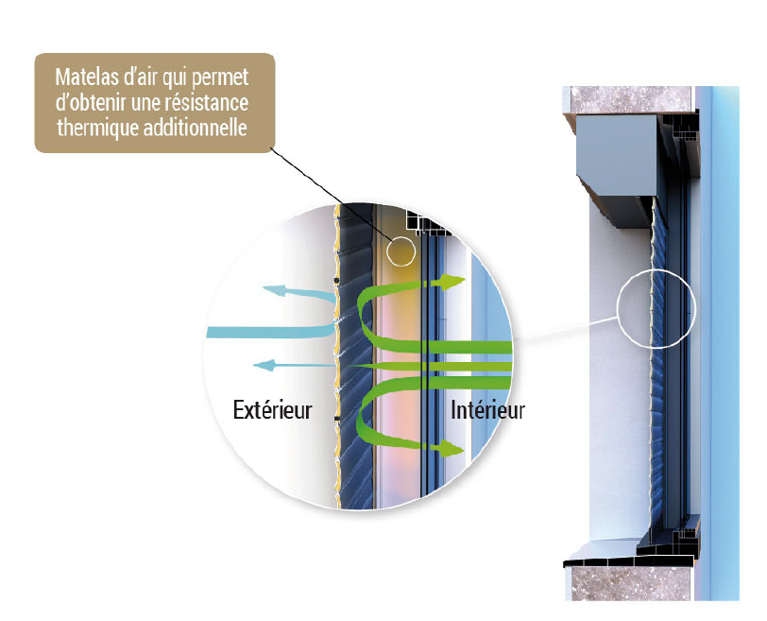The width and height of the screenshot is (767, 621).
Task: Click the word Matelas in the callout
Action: [85, 77]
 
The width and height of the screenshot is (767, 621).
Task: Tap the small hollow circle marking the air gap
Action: [401, 251]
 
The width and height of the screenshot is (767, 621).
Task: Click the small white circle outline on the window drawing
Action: [655, 307]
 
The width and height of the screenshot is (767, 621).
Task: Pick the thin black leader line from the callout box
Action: [331, 194]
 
